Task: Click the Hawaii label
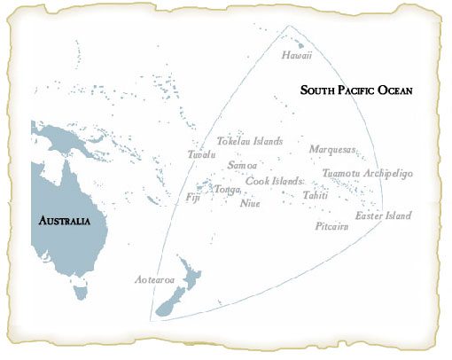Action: point(297,56)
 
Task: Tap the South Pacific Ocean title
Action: point(357,90)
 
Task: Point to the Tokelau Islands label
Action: point(250,141)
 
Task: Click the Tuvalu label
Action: point(202,154)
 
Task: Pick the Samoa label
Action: point(242,165)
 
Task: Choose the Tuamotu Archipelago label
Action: point(366,173)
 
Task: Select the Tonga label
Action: point(228,189)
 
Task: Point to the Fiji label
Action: point(193,197)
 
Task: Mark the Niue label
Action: point(251,202)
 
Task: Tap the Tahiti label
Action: point(316,194)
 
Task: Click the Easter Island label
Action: point(383,215)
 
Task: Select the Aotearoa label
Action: point(150,279)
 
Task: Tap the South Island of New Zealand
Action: point(170,303)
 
